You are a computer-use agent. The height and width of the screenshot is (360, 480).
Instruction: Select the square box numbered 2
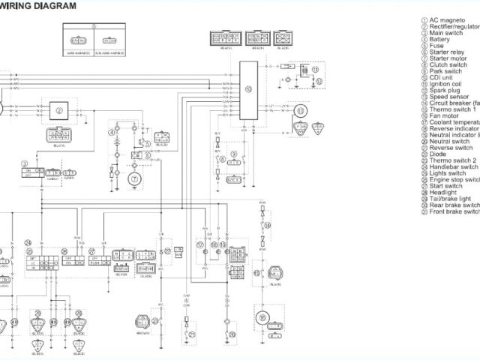tap(58, 110)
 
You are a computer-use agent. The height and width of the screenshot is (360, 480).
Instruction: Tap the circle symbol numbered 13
tap(301, 112)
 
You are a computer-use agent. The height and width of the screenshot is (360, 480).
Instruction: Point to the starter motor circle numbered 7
tap(135, 178)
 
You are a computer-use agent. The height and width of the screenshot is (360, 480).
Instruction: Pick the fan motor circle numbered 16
tap(262, 318)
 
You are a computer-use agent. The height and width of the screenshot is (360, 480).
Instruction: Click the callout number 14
tap(268, 225)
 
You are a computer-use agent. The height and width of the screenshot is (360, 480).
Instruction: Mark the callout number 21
tap(192, 334)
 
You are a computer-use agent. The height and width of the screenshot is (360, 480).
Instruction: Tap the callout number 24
tap(28, 243)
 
